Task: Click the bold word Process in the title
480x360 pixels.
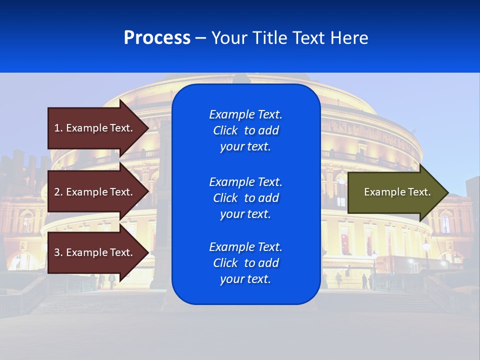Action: point(157,38)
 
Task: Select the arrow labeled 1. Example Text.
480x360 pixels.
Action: point(95,128)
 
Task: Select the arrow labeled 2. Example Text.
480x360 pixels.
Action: point(95,192)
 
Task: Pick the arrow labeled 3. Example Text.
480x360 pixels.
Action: point(95,252)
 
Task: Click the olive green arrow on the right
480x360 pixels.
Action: point(395,192)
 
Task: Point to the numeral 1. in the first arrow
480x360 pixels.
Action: point(58,128)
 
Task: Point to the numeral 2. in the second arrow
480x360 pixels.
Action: point(58,192)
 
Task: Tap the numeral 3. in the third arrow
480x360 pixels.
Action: point(58,252)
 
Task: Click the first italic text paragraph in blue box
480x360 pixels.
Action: point(245,130)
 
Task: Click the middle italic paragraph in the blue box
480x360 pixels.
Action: point(245,198)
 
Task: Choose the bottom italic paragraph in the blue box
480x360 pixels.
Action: point(245,263)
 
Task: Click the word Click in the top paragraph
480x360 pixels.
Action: point(225,130)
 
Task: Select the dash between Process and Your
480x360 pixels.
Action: point(200,38)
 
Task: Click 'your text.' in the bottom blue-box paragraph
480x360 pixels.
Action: point(245,279)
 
